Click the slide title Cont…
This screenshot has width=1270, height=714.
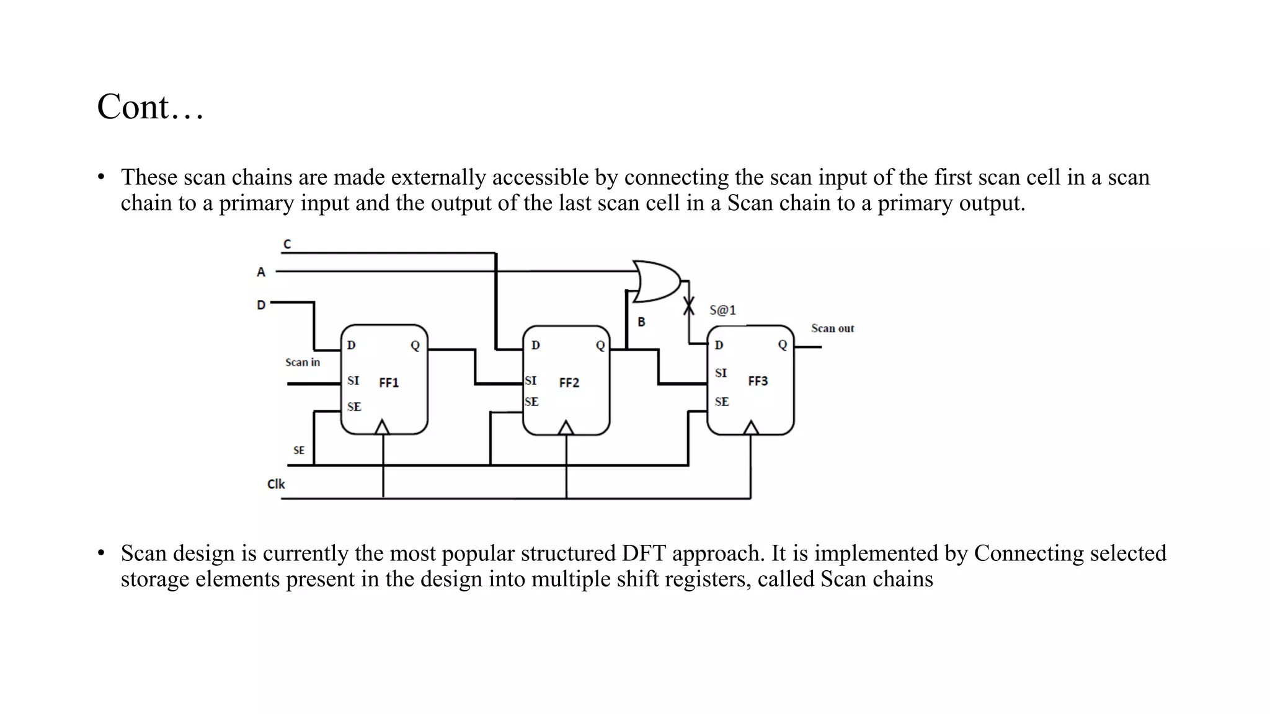(150, 107)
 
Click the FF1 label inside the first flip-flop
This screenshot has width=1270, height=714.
(389, 383)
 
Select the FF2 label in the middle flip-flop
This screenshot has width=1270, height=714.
(569, 383)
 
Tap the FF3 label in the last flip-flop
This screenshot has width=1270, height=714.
(757, 381)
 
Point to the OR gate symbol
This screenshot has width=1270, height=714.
(656, 281)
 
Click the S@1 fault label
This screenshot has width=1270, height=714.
(722, 310)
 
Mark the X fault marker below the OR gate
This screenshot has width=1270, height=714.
(688, 306)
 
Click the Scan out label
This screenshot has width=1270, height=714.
(832, 328)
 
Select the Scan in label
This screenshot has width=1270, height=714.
(303, 363)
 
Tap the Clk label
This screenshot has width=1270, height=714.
(276, 484)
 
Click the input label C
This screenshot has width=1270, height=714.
(287, 244)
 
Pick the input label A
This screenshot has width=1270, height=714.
(261, 272)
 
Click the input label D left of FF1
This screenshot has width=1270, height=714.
(261, 305)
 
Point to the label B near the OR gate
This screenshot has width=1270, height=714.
(641, 322)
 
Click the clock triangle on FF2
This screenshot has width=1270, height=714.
(566, 428)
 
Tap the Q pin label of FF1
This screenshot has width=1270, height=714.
(415, 345)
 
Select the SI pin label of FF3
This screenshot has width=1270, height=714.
(721, 373)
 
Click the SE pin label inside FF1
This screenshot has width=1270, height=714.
(354, 407)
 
